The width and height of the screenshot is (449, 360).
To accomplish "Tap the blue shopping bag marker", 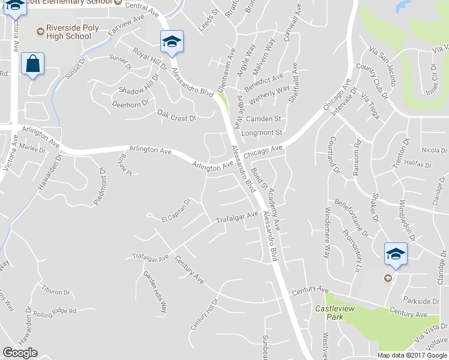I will point(32,64).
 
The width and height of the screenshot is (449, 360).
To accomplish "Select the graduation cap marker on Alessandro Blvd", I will point(172,41).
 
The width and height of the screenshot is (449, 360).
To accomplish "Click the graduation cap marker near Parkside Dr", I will point(396,253).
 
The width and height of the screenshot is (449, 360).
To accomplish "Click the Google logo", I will point(20,353).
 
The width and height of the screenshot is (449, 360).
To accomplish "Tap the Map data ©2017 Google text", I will point(412,355).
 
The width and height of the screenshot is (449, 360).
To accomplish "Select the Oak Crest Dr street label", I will point(176,115).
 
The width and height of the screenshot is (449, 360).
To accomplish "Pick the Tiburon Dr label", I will point(56,292).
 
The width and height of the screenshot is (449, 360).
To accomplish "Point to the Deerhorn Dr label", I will point(130,104).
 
